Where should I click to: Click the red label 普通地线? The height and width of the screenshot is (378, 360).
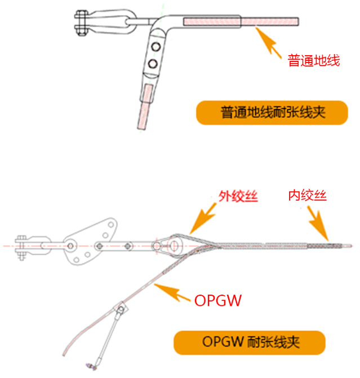click(314, 60)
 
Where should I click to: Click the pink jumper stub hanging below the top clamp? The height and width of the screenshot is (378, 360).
click(145, 105)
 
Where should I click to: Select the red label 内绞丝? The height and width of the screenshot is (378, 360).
click(307, 196)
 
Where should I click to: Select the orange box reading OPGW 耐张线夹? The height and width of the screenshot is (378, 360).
click(249, 343)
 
